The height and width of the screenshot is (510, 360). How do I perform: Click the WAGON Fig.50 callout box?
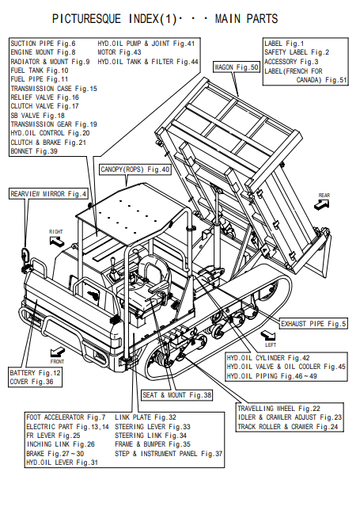237,67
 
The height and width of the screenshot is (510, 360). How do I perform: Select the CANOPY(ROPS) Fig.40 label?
135,169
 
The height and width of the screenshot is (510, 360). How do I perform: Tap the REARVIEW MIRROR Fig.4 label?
48,194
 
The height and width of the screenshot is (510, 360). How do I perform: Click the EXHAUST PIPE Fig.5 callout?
313,324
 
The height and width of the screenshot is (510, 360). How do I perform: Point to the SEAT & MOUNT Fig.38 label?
176,395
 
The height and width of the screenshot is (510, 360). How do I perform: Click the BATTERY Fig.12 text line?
35,373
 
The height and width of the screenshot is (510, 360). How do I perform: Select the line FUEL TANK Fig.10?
40,70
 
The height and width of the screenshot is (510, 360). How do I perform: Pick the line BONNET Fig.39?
34,151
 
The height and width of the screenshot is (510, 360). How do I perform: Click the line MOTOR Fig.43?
119,52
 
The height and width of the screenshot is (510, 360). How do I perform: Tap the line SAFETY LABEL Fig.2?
297,52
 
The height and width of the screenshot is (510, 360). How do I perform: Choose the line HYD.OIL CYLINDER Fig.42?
268,358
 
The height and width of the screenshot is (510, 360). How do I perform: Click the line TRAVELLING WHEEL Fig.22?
279,409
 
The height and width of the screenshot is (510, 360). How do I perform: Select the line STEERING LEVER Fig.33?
153,427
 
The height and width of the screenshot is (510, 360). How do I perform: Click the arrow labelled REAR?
322,204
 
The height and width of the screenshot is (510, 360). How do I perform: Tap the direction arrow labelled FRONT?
58,352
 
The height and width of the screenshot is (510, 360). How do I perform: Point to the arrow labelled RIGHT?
57,242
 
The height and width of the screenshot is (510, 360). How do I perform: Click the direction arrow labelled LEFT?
268,335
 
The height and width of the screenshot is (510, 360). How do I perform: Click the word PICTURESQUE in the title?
87,19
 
